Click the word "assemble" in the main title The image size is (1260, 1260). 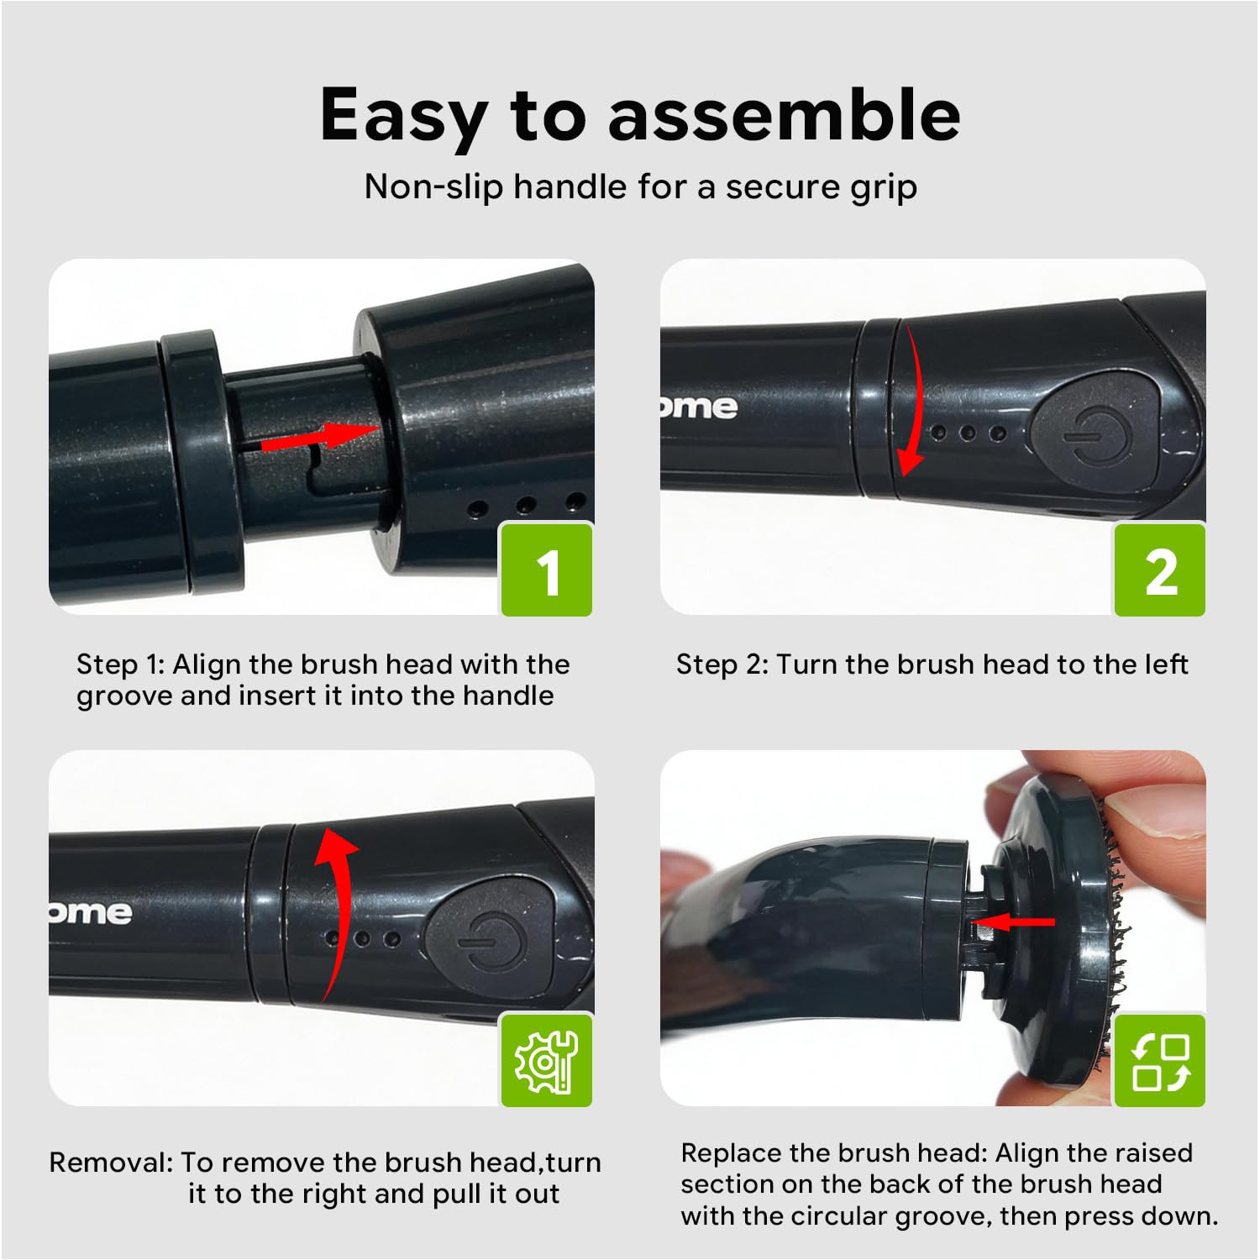tap(785, 115)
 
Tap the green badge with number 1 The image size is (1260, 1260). tap(548, 569)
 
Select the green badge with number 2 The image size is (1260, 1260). tap(1160, 569)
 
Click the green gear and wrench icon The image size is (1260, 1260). tap(548, 1060)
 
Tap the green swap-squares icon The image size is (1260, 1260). tap(1160, 1060)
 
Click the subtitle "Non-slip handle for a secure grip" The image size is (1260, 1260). tap(641, 186)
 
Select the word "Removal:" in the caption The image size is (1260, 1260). tap(111, 1162)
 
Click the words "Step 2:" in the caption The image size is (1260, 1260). tap(722, 664)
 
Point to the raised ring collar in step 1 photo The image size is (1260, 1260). tap(202, 458)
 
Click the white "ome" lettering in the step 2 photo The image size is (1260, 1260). tap(699, 407)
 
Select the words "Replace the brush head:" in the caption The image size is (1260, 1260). tap(834, 1153)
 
